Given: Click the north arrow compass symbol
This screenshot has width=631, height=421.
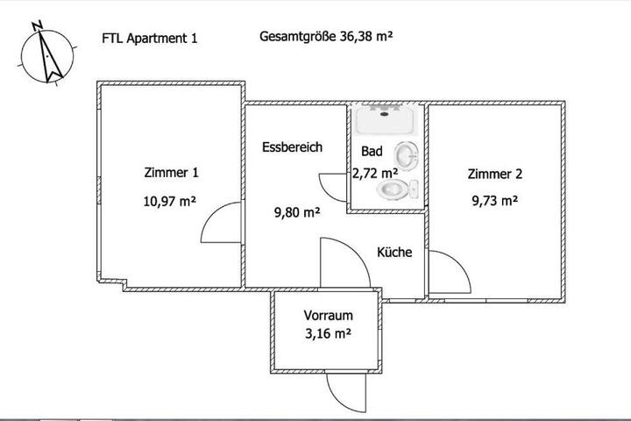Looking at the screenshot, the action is [x=47, y=55].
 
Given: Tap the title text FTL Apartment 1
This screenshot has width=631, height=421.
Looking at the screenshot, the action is [x=150, y=39].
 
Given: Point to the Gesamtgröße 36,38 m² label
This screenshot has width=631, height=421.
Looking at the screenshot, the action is [x=326, y=36].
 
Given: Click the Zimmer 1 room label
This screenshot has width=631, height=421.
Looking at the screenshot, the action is [x=172, y=173].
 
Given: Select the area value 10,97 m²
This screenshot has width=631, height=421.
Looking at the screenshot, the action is [x=170, y=201].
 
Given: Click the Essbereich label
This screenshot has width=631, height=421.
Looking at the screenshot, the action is [x=292, y=147].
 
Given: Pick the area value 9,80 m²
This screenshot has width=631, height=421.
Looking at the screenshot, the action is [x=297, y=212].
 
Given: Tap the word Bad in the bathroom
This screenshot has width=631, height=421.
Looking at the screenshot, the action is [x=372, y=151].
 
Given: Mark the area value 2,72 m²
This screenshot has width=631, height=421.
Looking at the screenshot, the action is [x=375, y=173].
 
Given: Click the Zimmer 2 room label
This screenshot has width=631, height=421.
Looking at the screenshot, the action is [x=495, y=174].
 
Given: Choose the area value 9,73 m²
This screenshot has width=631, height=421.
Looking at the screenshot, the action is [x=495, y=200].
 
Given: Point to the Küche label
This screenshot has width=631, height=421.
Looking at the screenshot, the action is [x=394, y=253].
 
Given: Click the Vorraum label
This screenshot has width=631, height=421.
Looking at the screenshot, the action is [x=329, y=315].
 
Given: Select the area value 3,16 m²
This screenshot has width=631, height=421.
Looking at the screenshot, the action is [x=329, y=333].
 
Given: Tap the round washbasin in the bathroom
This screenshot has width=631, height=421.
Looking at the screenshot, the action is [x=407, y=155].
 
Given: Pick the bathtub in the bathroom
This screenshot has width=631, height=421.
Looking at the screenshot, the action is [x=385, y=120].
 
